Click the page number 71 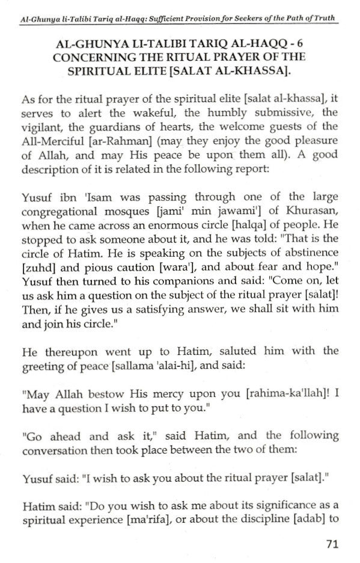pos(333,544)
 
